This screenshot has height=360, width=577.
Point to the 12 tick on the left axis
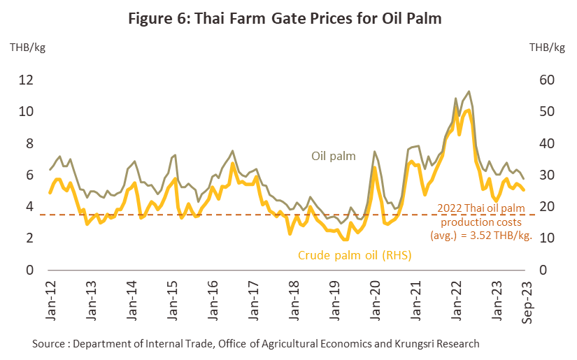26,80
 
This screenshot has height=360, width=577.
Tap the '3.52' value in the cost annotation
476,236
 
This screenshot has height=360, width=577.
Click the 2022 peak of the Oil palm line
468,92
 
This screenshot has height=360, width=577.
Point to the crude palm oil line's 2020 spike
375,167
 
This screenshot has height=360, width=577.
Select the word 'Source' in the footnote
50,344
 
